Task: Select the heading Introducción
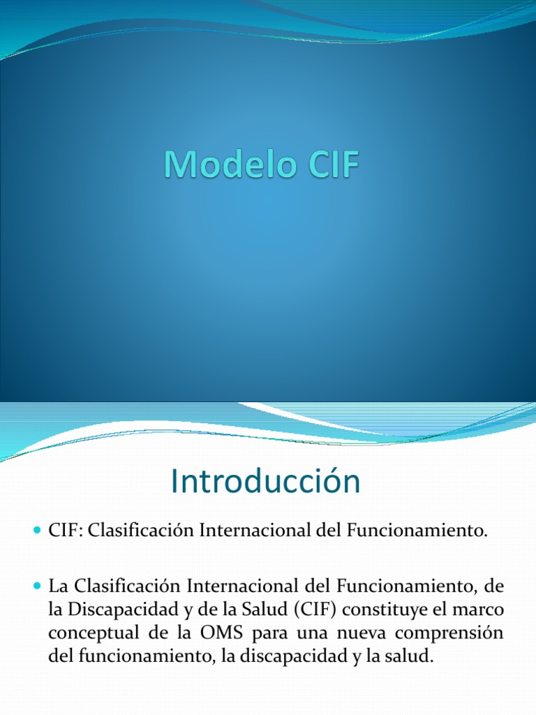[265, 482]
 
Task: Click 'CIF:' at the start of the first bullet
[65, 532]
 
